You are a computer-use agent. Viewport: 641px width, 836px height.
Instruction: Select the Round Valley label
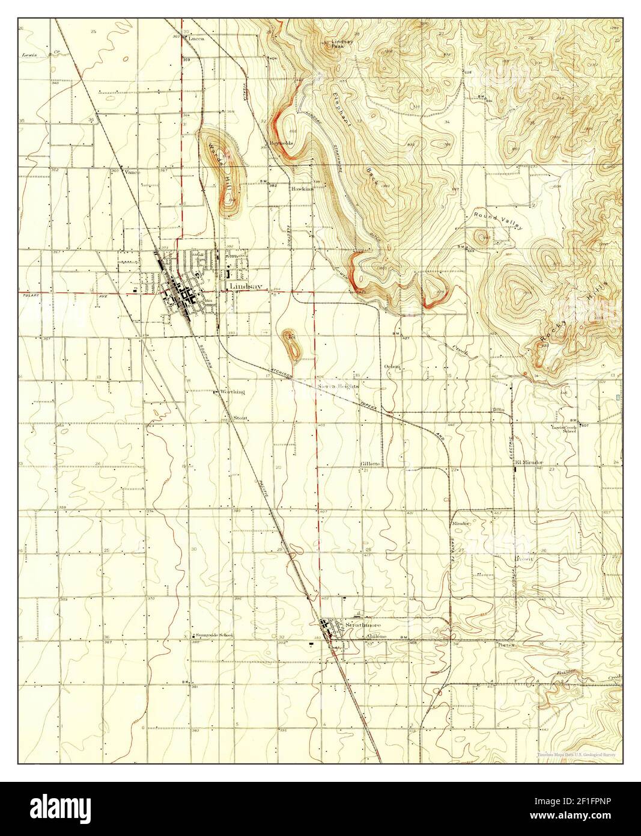pos(498,221)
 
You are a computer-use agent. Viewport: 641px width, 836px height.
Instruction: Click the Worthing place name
pos(232,392)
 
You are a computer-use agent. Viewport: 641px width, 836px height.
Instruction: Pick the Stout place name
pos(240,417)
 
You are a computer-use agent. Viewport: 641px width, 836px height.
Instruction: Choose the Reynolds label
pos(281,144)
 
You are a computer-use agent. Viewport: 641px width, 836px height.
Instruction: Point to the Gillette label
pos(370,464)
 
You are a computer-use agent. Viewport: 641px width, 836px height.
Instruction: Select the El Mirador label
pos(529,463)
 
